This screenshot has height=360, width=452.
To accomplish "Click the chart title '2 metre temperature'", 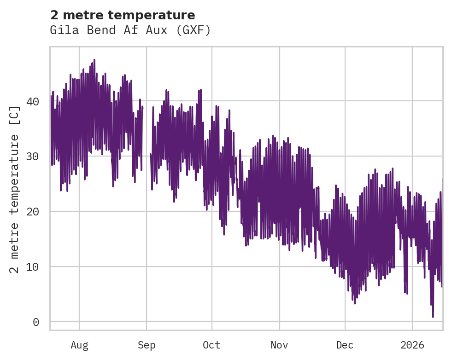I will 123,15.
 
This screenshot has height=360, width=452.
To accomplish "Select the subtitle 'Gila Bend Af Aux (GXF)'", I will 130,30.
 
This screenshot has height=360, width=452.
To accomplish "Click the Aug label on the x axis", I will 79,345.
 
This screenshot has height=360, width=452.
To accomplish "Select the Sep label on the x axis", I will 147,345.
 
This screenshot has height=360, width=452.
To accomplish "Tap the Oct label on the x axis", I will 212,345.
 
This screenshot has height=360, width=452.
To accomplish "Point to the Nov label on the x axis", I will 279,345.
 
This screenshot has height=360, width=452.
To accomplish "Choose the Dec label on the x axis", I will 345,345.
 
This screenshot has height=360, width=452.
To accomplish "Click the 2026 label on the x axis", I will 412,345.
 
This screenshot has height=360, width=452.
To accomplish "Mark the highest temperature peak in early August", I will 94,60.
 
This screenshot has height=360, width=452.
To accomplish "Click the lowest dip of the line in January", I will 433,316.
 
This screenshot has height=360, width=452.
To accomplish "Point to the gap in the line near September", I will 147,138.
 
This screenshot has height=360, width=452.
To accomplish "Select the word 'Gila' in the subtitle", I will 61,30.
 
